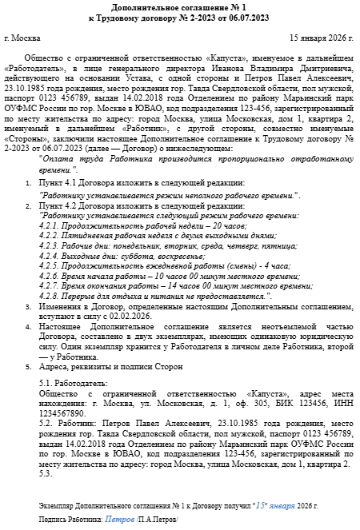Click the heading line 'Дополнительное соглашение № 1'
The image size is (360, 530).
pos(180,6)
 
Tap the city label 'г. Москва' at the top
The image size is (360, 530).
pos(20,37)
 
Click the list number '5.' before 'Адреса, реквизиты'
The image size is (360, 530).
pos(30,366)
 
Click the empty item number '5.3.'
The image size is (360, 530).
pos(45,473)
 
